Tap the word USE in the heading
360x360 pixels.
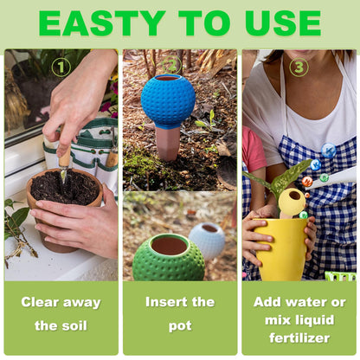(x=283, y=23)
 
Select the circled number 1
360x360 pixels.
(x=61, y=67)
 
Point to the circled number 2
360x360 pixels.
(x=172, y=65)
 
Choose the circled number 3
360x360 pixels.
(x=299, y=67)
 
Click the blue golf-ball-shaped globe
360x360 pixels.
(x=168, y=100)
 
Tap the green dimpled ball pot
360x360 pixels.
(x=169, y=258)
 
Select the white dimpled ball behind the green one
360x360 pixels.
(x=207, y=240)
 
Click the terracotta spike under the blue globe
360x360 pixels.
(x=167, y=143)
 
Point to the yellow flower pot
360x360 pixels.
(x=280, y=249)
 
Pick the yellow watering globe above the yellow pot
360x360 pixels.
(x=292, y=202)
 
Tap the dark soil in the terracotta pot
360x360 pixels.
(x=65, y=186)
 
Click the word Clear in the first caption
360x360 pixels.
(x=40, y=302)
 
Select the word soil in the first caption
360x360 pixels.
(x=73, y=325)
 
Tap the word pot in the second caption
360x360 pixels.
(x=180, y=326)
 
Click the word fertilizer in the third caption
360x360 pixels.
(x=299, y=337)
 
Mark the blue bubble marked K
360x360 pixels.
(x=329, y=151)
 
